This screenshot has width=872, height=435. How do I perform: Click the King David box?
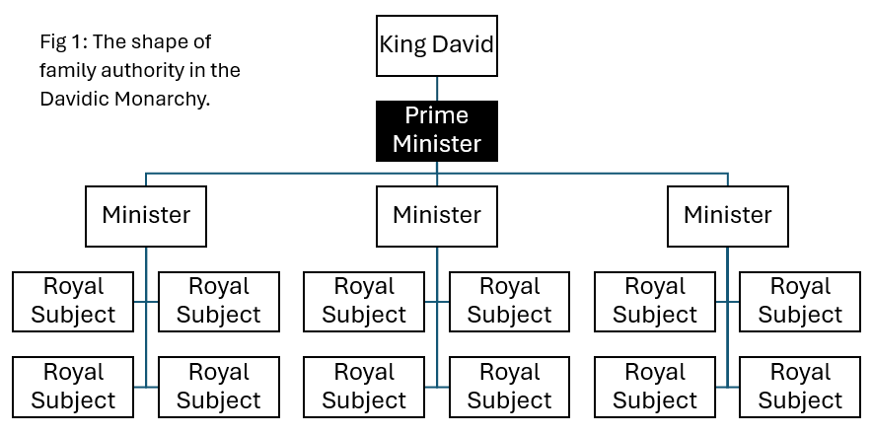pyautogui.click(x=436, y=44)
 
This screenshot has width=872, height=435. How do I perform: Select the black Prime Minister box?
pyautogui.click(x=436, y=130)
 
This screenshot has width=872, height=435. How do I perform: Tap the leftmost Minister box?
pyautogui.click(x=146, y=215)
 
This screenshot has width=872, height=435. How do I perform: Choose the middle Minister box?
pyautogui.click(x=436, y=215)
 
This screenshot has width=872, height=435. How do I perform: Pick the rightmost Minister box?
pyautogui.click(x=727, y=215)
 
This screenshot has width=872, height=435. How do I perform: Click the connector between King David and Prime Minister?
pyautogui.click(x=437, y=89)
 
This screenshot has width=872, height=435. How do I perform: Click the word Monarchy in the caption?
pyautogui.click(x=167, y=100)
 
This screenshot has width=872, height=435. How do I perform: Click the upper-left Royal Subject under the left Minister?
pyautogui.click(x=73, y=301)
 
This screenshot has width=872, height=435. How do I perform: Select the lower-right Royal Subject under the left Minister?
pyautogui.click(x=219, y=387)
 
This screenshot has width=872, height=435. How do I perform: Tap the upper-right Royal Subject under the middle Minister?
pyautogui.click(x=510, y=301)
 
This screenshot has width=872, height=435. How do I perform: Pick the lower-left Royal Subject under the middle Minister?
pyautogui.click(x=364, y=387)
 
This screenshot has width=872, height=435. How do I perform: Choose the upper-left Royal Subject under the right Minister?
pyautogui.click(x=655, y=301)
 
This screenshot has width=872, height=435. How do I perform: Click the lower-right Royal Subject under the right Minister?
pyautogui.click(x=800, y=387)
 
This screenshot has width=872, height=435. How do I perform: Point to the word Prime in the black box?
pyautogui.click(x=436, y=116)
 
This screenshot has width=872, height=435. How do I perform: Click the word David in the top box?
pyautogui.click(x=460, y=44)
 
